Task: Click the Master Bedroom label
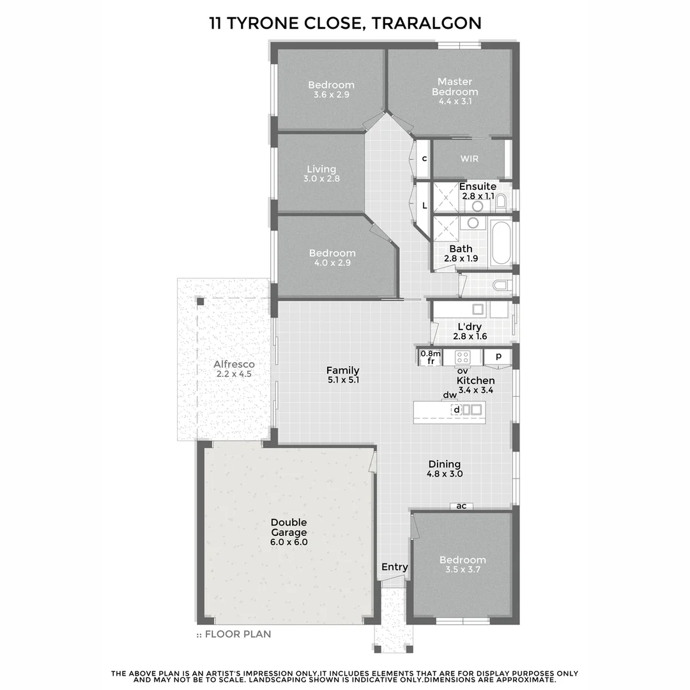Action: click(455, 86)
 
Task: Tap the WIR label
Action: click(469, 158)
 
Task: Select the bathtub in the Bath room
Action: click(501, 243)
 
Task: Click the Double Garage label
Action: click(288, 527)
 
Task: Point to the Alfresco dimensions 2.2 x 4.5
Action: click(234, 374)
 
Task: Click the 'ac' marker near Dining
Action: click(461, 506)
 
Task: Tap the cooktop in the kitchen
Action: click(462, 357)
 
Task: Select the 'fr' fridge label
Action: click(431, 361)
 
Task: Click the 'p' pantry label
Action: click(498, 356)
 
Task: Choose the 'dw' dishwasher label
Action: click(450, 395)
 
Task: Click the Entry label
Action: click(394, 567)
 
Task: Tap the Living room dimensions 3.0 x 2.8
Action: click(321, 179)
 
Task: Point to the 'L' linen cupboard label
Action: click(424, 206)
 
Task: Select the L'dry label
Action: click(470, 326)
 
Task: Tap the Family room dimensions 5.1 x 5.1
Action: click(342, 380)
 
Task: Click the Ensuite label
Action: click(478, 187)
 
